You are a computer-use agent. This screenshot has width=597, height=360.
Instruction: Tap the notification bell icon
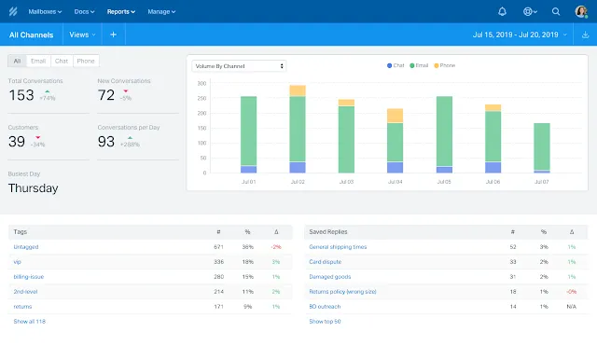pos(503,12)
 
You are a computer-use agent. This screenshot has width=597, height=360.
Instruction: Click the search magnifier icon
pos(556,12)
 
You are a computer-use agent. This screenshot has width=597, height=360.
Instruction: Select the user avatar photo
pos(581,12)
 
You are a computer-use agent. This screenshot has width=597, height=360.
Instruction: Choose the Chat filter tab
pos(62,61)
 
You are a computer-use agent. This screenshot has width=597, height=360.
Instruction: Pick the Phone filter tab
pos(85,61)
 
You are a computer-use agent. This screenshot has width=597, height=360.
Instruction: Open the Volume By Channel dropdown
pos(239,66)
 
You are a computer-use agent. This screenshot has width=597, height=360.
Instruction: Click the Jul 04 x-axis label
pos(395,182)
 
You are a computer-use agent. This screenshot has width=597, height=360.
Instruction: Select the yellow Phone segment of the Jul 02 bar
pos(298,90)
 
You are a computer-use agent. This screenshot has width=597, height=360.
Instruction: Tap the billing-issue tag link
pos(28,276)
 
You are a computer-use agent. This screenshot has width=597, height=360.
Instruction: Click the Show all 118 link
pos(29,321)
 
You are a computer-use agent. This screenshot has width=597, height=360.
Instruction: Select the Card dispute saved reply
pos(326,261)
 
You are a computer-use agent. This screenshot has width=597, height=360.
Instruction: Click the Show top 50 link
pos(325,321)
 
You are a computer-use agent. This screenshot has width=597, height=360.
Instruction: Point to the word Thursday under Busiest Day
pos(33,187)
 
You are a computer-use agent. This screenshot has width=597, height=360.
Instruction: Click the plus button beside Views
pos(112,35)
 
